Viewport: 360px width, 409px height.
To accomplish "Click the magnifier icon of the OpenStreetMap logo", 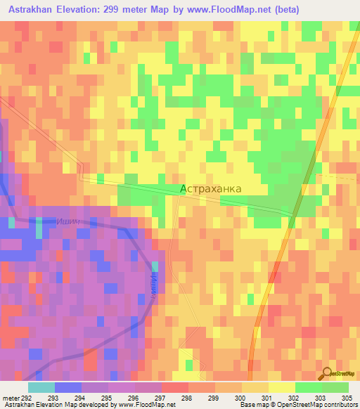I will (326, 372).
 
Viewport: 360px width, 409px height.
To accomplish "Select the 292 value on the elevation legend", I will (22, 397).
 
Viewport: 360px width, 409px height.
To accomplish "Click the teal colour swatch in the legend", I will (41, 387).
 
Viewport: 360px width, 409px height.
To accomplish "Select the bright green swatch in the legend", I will (308, 387).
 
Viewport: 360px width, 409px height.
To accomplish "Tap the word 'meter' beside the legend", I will (9, 397).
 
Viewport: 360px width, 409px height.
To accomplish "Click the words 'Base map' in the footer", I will (252, 405).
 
